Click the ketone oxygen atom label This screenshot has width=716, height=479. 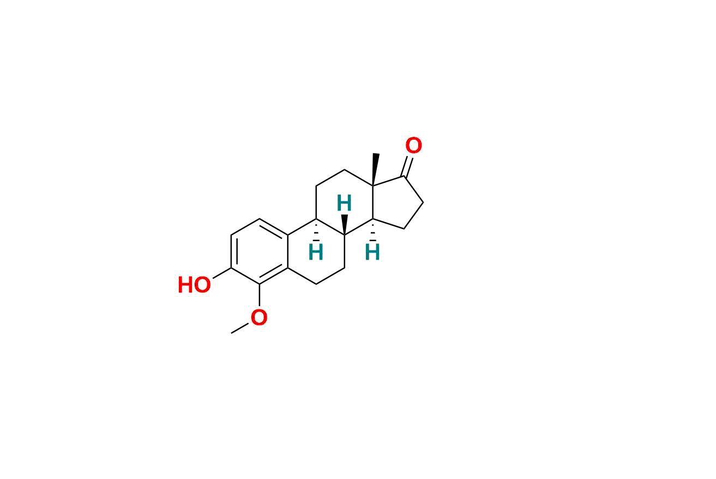click(413, 146)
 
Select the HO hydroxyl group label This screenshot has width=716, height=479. click(194, 285)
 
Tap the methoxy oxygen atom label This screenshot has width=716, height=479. click(259, 318)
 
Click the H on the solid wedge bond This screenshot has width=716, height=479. click(344, 203)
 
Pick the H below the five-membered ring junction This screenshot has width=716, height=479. click(372, 252)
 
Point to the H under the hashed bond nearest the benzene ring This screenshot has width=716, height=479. click(316, 252)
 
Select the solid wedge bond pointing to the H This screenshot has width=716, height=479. click(344, 225)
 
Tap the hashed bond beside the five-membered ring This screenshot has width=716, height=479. click(372, 230)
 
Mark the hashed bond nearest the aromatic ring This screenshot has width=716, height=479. click(316, 230)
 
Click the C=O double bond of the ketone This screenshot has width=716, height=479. click(407, 166)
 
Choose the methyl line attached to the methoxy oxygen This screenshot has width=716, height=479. click(240, 328)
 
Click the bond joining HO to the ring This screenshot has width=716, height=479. click(222, 273)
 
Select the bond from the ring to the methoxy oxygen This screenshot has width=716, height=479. click(259, 295)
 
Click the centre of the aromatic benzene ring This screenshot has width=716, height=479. click(259, 252)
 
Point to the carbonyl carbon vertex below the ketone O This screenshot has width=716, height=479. click(404, 176)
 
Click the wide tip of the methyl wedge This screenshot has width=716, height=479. click(376, 154)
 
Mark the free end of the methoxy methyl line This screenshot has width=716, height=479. click(231, 333)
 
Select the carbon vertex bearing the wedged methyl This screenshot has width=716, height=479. click(372, 185)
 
